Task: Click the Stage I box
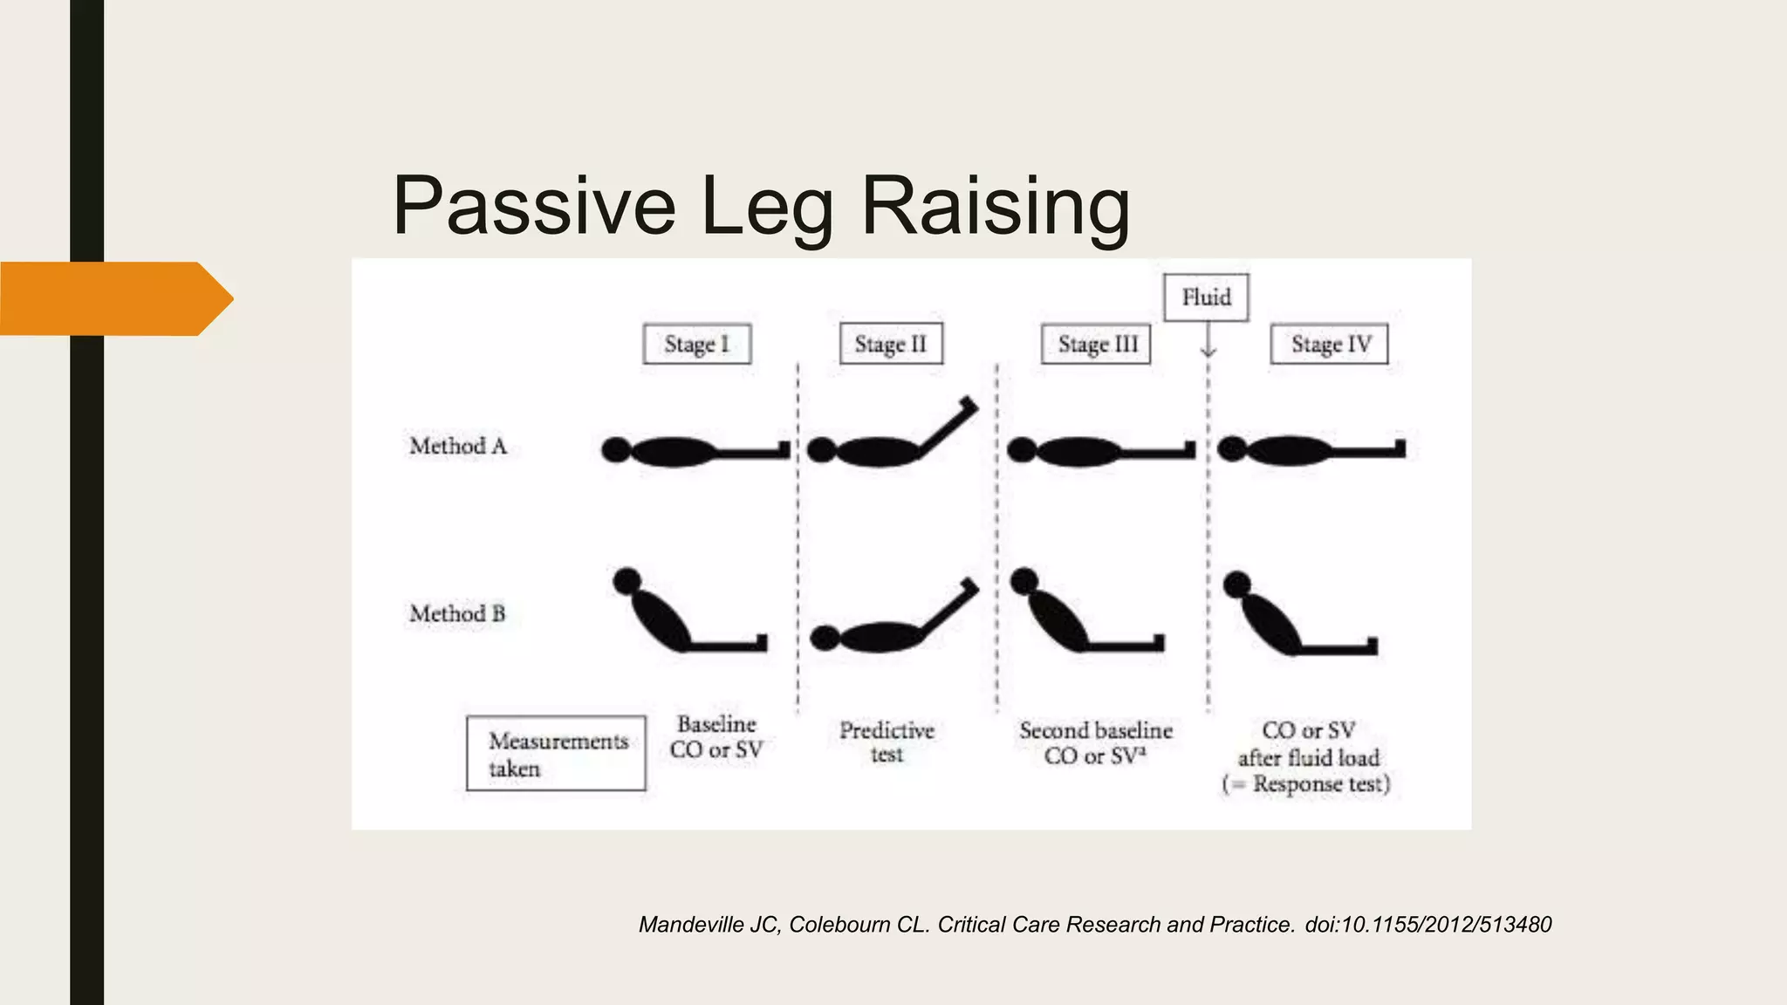click(x=696, y=344)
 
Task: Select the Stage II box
click(x=891, y=344)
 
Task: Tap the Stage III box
click(x=1097, y=344)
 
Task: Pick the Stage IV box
click(x=1329, y=344)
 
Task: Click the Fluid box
click(x=1206, y=297)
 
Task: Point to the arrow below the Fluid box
click(x=1208, y=341)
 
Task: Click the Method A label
click(x=458, y=447)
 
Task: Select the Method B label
click(x=457, y=614)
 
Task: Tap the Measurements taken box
click(x=556, y=754)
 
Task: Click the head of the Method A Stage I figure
click(x=615, y=450)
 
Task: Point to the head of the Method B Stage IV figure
click(x=1236, y=585)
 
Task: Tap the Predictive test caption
click(x=887, y=742)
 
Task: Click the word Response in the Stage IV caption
click(x=1297, y=784)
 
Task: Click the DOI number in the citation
click(x=1428, y=925)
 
